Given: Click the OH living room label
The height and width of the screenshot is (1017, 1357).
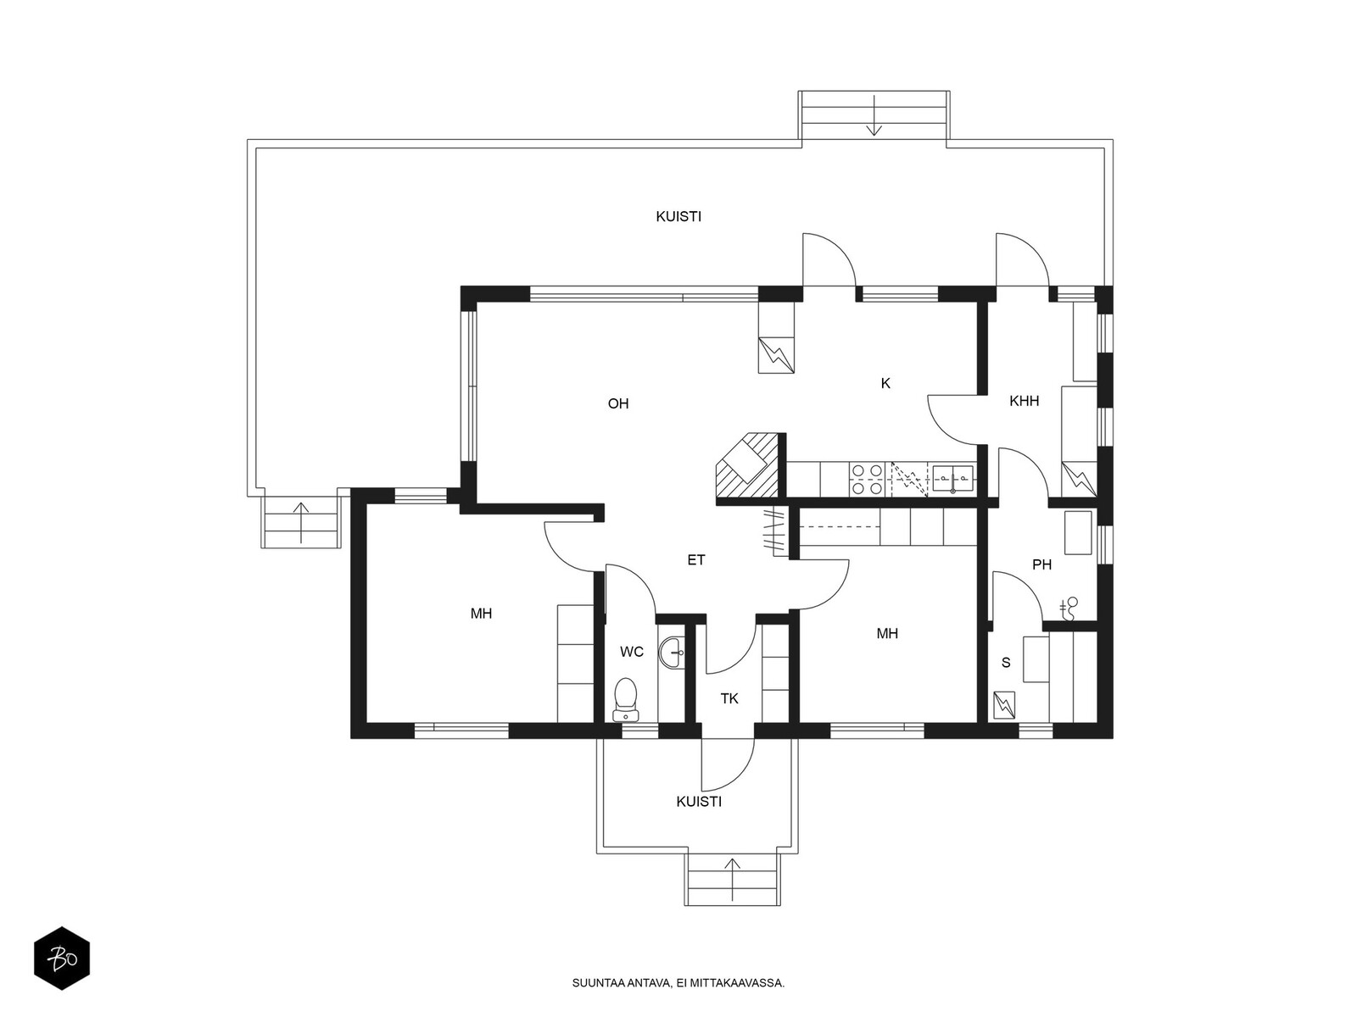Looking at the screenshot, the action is (617, 404).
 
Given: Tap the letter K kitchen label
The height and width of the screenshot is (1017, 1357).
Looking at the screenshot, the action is (885, 383).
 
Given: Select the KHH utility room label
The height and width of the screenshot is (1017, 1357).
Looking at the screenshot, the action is (1024, 402).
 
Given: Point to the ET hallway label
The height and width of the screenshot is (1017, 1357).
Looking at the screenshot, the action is (696, 560).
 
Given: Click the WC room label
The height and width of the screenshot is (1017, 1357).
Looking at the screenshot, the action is (632, 652).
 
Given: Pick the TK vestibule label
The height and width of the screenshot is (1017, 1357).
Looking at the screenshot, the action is (729, 698).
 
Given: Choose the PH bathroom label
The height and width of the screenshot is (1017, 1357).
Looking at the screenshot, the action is (1041, 564).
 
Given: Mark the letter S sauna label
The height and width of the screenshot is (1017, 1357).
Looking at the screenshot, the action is (1006, 663).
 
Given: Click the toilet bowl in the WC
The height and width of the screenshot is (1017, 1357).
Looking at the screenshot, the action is (626, 700).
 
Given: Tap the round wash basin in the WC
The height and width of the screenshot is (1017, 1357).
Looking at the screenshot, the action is (672, 653).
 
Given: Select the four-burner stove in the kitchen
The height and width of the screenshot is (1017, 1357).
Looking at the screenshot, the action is (868, 480).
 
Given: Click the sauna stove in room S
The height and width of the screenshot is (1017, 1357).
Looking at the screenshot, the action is (1004, 705).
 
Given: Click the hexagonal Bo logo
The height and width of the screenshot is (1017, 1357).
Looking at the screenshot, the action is (62, 959).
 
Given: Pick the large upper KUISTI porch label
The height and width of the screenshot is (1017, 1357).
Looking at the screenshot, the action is (678, 217).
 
